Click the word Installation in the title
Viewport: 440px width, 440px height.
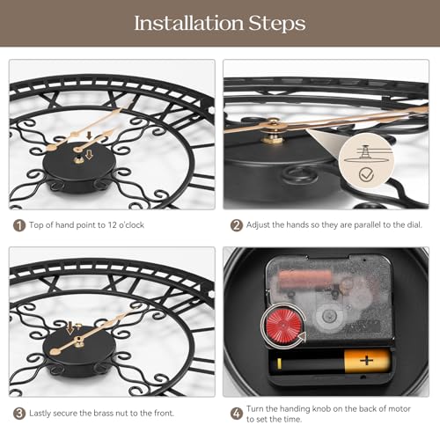188,23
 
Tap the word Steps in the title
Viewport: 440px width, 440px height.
277,24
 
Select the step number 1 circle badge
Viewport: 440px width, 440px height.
19,225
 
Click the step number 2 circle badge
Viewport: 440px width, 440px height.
237,225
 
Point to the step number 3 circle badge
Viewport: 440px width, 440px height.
19,414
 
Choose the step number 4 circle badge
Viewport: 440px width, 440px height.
237,414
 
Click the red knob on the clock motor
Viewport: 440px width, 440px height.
283,325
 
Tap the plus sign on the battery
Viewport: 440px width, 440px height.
367,360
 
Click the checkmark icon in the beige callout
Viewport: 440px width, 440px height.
366,174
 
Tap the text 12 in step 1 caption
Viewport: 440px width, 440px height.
112,225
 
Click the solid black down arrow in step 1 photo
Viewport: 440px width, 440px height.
89,136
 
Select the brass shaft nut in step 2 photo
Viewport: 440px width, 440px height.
273,138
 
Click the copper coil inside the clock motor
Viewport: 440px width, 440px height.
305,280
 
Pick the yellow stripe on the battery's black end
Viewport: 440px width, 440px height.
280,363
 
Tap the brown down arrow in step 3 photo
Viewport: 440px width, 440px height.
70,327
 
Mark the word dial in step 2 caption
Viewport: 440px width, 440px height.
414,225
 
